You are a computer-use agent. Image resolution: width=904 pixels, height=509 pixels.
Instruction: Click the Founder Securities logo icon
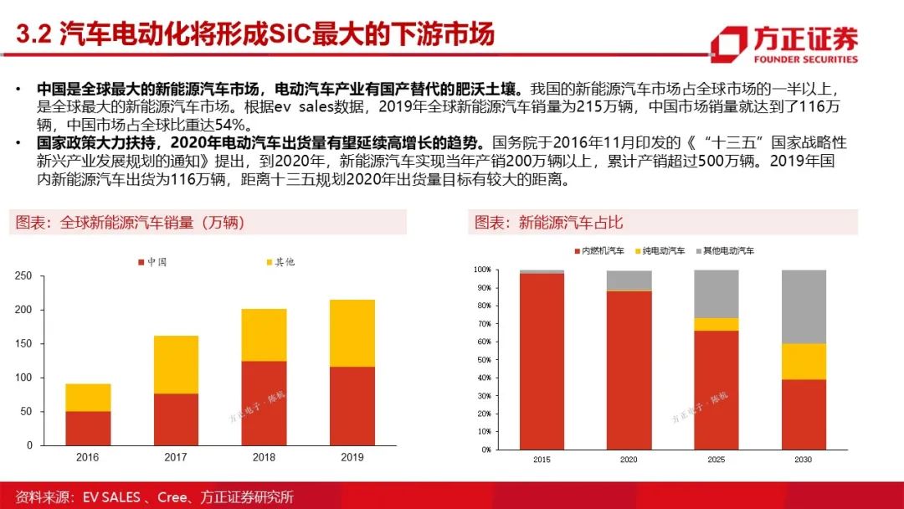click(729, 44)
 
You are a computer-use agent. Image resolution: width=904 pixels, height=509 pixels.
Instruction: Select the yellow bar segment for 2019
click(352, 333)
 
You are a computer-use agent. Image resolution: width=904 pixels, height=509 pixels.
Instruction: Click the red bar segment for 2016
click(88, 429)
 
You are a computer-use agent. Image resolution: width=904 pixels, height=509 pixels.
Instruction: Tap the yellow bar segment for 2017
click(176, 365)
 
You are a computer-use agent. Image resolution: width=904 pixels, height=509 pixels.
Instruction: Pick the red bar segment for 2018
click(264, 404)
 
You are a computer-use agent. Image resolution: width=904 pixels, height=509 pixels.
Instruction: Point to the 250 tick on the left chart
click(23, 276)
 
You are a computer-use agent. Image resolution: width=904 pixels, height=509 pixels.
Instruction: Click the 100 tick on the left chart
click(23, 378)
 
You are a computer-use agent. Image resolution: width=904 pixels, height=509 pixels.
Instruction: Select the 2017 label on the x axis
click(176, 457)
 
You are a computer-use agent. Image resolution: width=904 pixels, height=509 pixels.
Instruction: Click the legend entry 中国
click(152, 262)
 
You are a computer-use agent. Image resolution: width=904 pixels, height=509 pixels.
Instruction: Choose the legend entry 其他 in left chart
click(280, 262)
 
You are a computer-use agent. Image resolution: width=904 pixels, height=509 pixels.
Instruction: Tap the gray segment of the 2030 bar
click(804, 307)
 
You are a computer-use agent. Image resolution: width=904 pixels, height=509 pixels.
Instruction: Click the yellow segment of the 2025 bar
click(717, 325)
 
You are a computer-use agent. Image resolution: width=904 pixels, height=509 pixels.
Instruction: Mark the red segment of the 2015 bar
click(542, 362)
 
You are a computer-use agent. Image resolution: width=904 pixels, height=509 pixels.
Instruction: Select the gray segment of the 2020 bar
click(629, 280)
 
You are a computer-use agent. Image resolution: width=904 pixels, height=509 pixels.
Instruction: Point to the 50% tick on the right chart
click(483, 360)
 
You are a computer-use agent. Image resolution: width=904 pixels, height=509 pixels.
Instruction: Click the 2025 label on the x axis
click(717, 460)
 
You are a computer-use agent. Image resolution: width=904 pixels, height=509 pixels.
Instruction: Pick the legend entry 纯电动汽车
click(660, 251)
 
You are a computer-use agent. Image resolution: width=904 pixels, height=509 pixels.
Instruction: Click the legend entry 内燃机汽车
click(599, 251)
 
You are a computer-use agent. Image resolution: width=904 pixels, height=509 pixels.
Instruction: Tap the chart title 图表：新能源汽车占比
click(548, 223)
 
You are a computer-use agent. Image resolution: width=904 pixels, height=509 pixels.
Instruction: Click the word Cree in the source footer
click(172, 497)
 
